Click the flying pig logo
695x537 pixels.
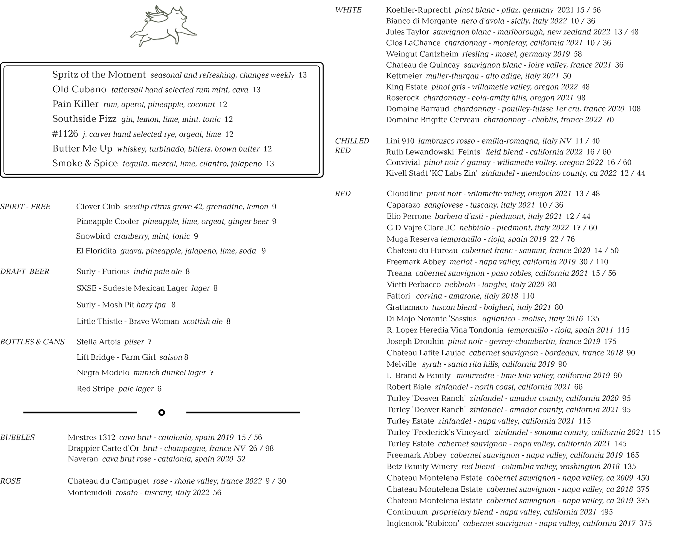[x=163, y=26]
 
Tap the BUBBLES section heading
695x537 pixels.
[x=18, y=437]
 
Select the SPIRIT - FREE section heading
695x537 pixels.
[x=25, y=207]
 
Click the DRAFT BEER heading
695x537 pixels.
[x=25, y=272]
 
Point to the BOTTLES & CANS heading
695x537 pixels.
[x=32, y=342]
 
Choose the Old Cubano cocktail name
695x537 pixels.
[x=79, y=89]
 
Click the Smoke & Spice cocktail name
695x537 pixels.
[x=85, y=163]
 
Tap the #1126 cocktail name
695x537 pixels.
[x=65, y=134]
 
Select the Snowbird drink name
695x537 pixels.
[x=93, y=236]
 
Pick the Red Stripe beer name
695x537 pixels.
[x=95, y=389]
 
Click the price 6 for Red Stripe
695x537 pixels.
[x=159, y=389]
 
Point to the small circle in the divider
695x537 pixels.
[x=162, y=412]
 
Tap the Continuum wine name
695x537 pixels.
[x=407, y=512]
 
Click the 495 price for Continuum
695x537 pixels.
[x=607, y=512]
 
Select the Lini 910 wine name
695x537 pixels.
[x=400, y=141]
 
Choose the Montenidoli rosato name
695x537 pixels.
[x=90, y=493]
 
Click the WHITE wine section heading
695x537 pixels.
[x=348, y=10]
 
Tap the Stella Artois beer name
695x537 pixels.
[x=98, y=342]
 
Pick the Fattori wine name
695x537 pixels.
[x=398, y=296]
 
